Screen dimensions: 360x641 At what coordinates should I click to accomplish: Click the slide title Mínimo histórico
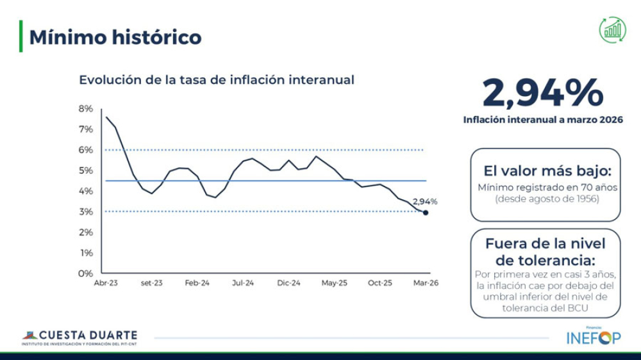115,37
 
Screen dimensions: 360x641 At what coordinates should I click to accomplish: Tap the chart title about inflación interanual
217,81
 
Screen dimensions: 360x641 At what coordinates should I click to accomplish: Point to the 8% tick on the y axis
86,109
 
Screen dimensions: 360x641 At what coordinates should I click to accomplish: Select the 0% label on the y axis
86,274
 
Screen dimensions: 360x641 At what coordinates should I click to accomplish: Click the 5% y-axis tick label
86,170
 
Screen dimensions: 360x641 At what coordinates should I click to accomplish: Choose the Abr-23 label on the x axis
105,282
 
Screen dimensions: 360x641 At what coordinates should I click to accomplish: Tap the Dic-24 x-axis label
289,282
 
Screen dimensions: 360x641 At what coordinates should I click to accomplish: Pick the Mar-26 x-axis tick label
425,282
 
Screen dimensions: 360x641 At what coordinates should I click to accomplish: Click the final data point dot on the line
426,213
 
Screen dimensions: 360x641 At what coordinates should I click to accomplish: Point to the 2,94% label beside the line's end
425,201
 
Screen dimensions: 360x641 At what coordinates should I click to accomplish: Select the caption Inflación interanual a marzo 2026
543,120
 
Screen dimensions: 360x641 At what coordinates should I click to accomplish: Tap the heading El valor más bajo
547,171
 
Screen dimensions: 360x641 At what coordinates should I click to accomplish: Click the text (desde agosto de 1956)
547,199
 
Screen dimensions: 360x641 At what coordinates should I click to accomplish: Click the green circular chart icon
613,29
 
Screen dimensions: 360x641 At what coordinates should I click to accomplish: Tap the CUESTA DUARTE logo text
88,335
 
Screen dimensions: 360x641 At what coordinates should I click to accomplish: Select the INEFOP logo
594,338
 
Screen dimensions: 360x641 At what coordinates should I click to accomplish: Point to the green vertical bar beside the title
21,37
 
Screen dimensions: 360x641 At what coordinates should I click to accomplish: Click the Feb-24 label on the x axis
197,282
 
